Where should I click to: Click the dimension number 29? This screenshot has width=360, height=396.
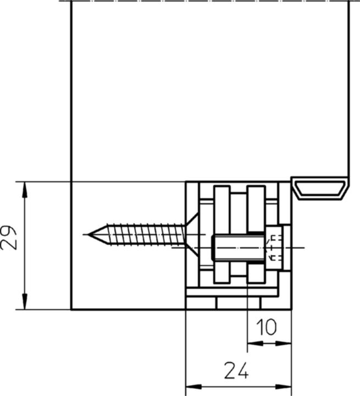[9, 238]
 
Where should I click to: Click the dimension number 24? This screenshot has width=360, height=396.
[237, 371]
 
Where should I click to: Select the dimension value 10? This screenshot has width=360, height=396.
[267, 328]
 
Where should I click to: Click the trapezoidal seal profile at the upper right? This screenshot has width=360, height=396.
[320, 188]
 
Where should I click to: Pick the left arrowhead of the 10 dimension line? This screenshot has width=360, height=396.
[253, 344]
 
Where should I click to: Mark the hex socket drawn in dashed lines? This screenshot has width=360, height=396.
[274, 247]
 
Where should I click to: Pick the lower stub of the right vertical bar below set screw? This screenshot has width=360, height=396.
[256, 273]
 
